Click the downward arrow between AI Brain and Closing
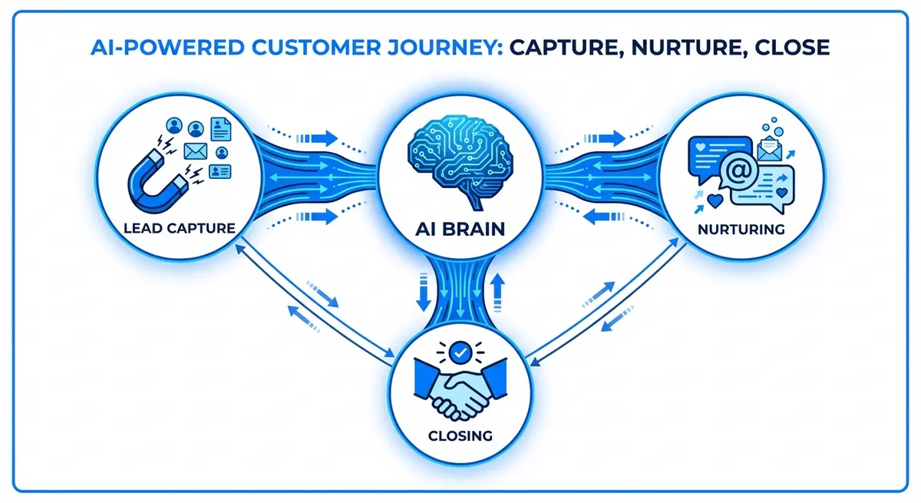point(422,293)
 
